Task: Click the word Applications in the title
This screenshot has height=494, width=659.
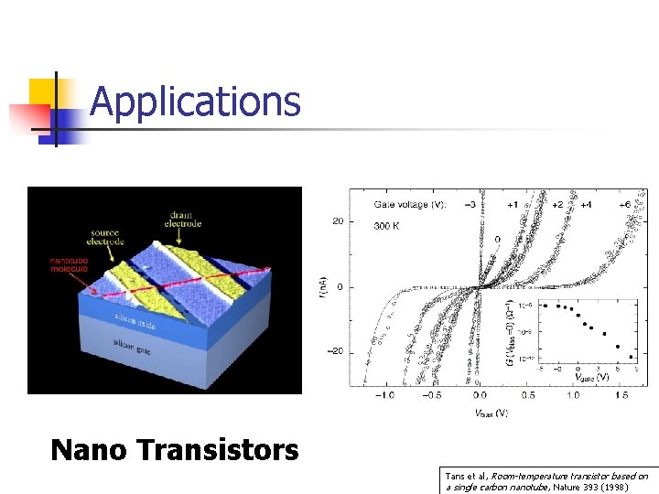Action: tap(195, 102)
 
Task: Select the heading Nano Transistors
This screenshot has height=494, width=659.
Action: tap(174, 450)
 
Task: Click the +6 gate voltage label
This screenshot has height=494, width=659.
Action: tap(628, 205)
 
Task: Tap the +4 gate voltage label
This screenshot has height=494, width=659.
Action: tap(585, 205)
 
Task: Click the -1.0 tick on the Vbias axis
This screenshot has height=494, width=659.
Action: tap(383, 395)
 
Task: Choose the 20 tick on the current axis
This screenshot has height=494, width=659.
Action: tap(338, 220)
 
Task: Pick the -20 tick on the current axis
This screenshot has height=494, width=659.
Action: tap(336, 351)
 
